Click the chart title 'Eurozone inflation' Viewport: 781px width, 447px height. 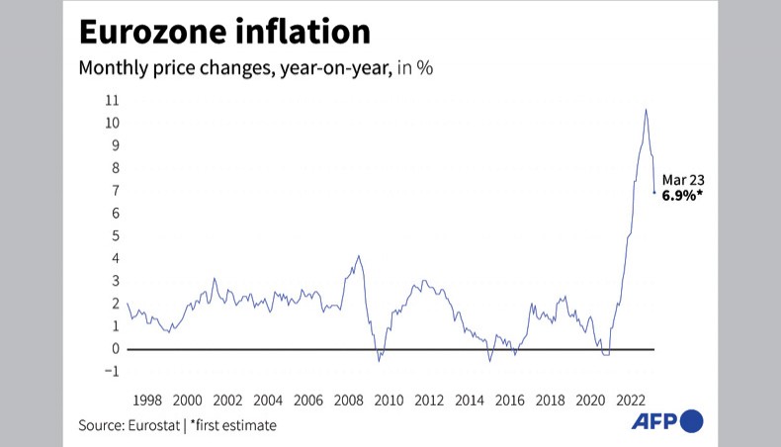pyautogui.click(x=224, y=32)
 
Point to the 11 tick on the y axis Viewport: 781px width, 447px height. pyautogui.click(x=113, y=101)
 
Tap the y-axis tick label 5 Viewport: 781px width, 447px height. pyautogui.click(x=116, y=236)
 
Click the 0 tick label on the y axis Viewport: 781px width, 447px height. pyautogui.click(x=116, y=349)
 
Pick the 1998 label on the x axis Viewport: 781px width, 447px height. pyautogui.click(x=147, y=401)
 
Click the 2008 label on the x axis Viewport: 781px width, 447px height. pyautogui.click(x=348, y=401)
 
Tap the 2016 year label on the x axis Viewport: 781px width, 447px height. pyautogui.click(x=509, y=401)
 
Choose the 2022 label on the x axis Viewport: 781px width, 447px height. pyautogui.click(x=630, y=401)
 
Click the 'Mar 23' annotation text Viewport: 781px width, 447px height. pyautogui.click(x=682, y=180)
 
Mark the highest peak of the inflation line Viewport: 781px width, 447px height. pyautogui.click(x=646, y=109)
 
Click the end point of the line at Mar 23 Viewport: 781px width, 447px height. pyautogui.click(x=654, y=193)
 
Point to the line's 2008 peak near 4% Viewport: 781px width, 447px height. pyautogui.click(x=358, y=256)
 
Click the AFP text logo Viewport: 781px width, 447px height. pyautogui.click(x=654, y=421)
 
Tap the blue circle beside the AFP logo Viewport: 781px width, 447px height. pyautogui.click(x=692, y=421)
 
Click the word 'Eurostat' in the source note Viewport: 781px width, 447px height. pyautogui.click(x=155, y=425)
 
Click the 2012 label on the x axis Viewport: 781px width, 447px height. pyautogui.click(x=428, y=401)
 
